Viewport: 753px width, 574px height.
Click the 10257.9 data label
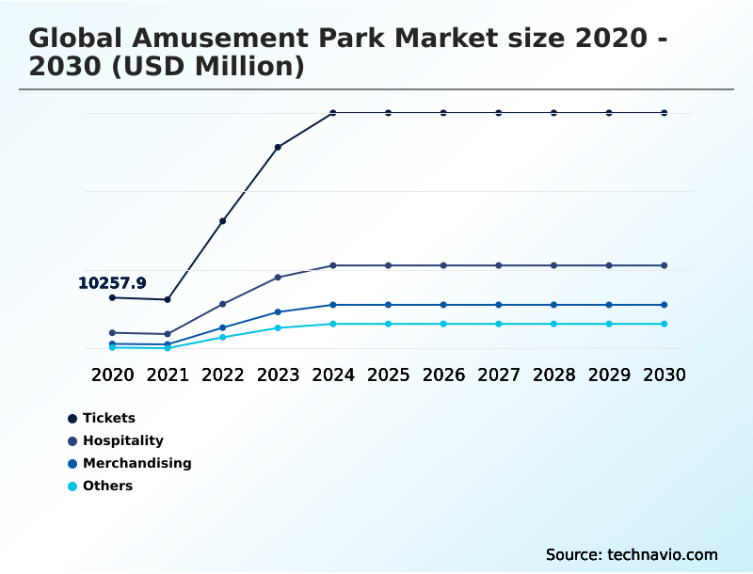112,282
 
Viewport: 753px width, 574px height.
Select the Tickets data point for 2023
278,147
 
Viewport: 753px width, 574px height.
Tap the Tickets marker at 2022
222,221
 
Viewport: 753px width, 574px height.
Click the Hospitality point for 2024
333,265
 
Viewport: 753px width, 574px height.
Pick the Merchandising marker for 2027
499,305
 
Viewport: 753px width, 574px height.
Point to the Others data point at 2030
665,324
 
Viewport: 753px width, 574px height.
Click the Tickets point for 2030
665,113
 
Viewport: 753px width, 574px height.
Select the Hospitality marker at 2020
112,333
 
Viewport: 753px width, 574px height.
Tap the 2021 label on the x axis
168,375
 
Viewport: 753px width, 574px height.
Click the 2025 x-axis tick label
388,375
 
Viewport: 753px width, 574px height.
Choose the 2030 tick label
665,375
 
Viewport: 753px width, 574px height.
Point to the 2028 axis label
553,375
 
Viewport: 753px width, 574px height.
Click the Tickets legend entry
108,418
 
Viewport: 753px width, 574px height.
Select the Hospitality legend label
122,440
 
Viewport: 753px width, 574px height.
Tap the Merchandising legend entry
136,463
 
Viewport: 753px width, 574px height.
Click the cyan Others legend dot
72,486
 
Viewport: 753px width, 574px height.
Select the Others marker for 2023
278,327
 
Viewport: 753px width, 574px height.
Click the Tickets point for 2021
168,299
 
